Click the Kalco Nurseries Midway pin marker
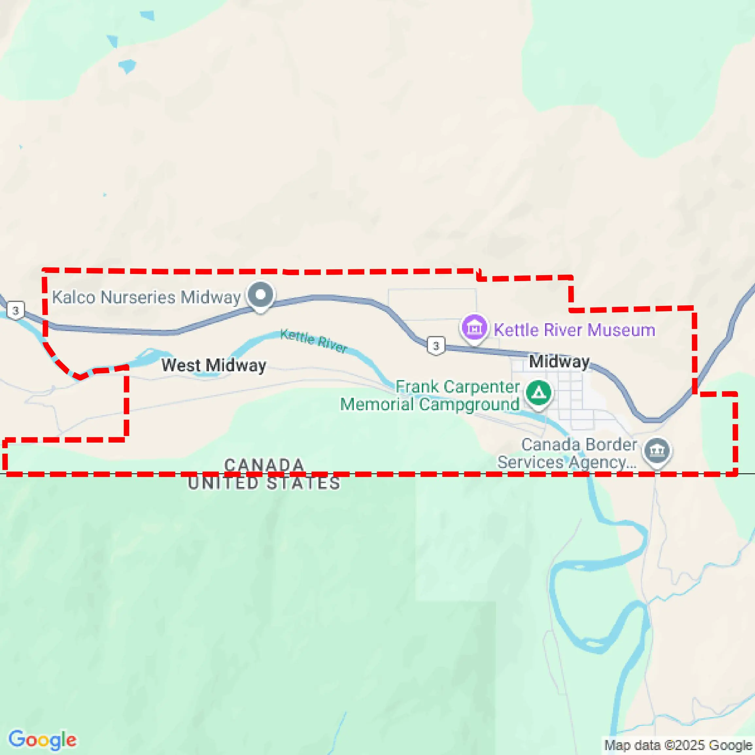point(260,295)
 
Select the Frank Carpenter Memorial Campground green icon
point(539,393)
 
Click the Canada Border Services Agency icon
point(657,450)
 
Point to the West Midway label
point(214,365)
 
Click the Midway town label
point(559,361)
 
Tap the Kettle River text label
point(314,341)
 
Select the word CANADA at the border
point(264,465)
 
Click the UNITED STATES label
point(264,483)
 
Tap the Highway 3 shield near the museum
point(436,346)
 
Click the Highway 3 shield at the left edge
point(16,311)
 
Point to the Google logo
point(42,740)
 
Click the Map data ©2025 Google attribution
point(678,745)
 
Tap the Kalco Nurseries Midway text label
point(146,297)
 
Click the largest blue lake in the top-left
point(127,66)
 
